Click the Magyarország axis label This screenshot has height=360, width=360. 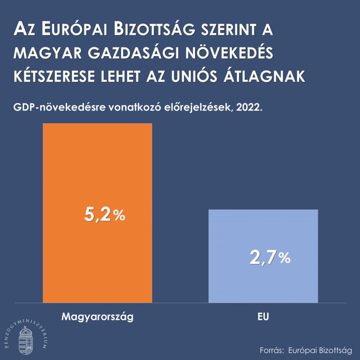[97, 317]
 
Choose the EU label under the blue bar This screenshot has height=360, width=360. [263, 317]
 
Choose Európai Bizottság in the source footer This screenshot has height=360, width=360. [320, 350]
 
